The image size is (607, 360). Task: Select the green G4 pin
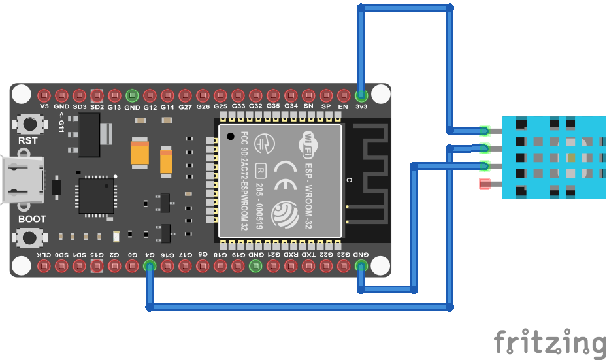pos(150,266)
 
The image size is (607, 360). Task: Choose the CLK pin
pos(44,266)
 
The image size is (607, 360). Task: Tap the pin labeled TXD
pos(308,266)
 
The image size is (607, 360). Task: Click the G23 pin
pos(344,266)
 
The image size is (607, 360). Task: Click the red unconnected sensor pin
pos(484,184)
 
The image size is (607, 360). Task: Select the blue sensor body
pos(553,157)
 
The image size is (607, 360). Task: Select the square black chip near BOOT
pos(96,195)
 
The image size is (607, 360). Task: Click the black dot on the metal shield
pos(231,137)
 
